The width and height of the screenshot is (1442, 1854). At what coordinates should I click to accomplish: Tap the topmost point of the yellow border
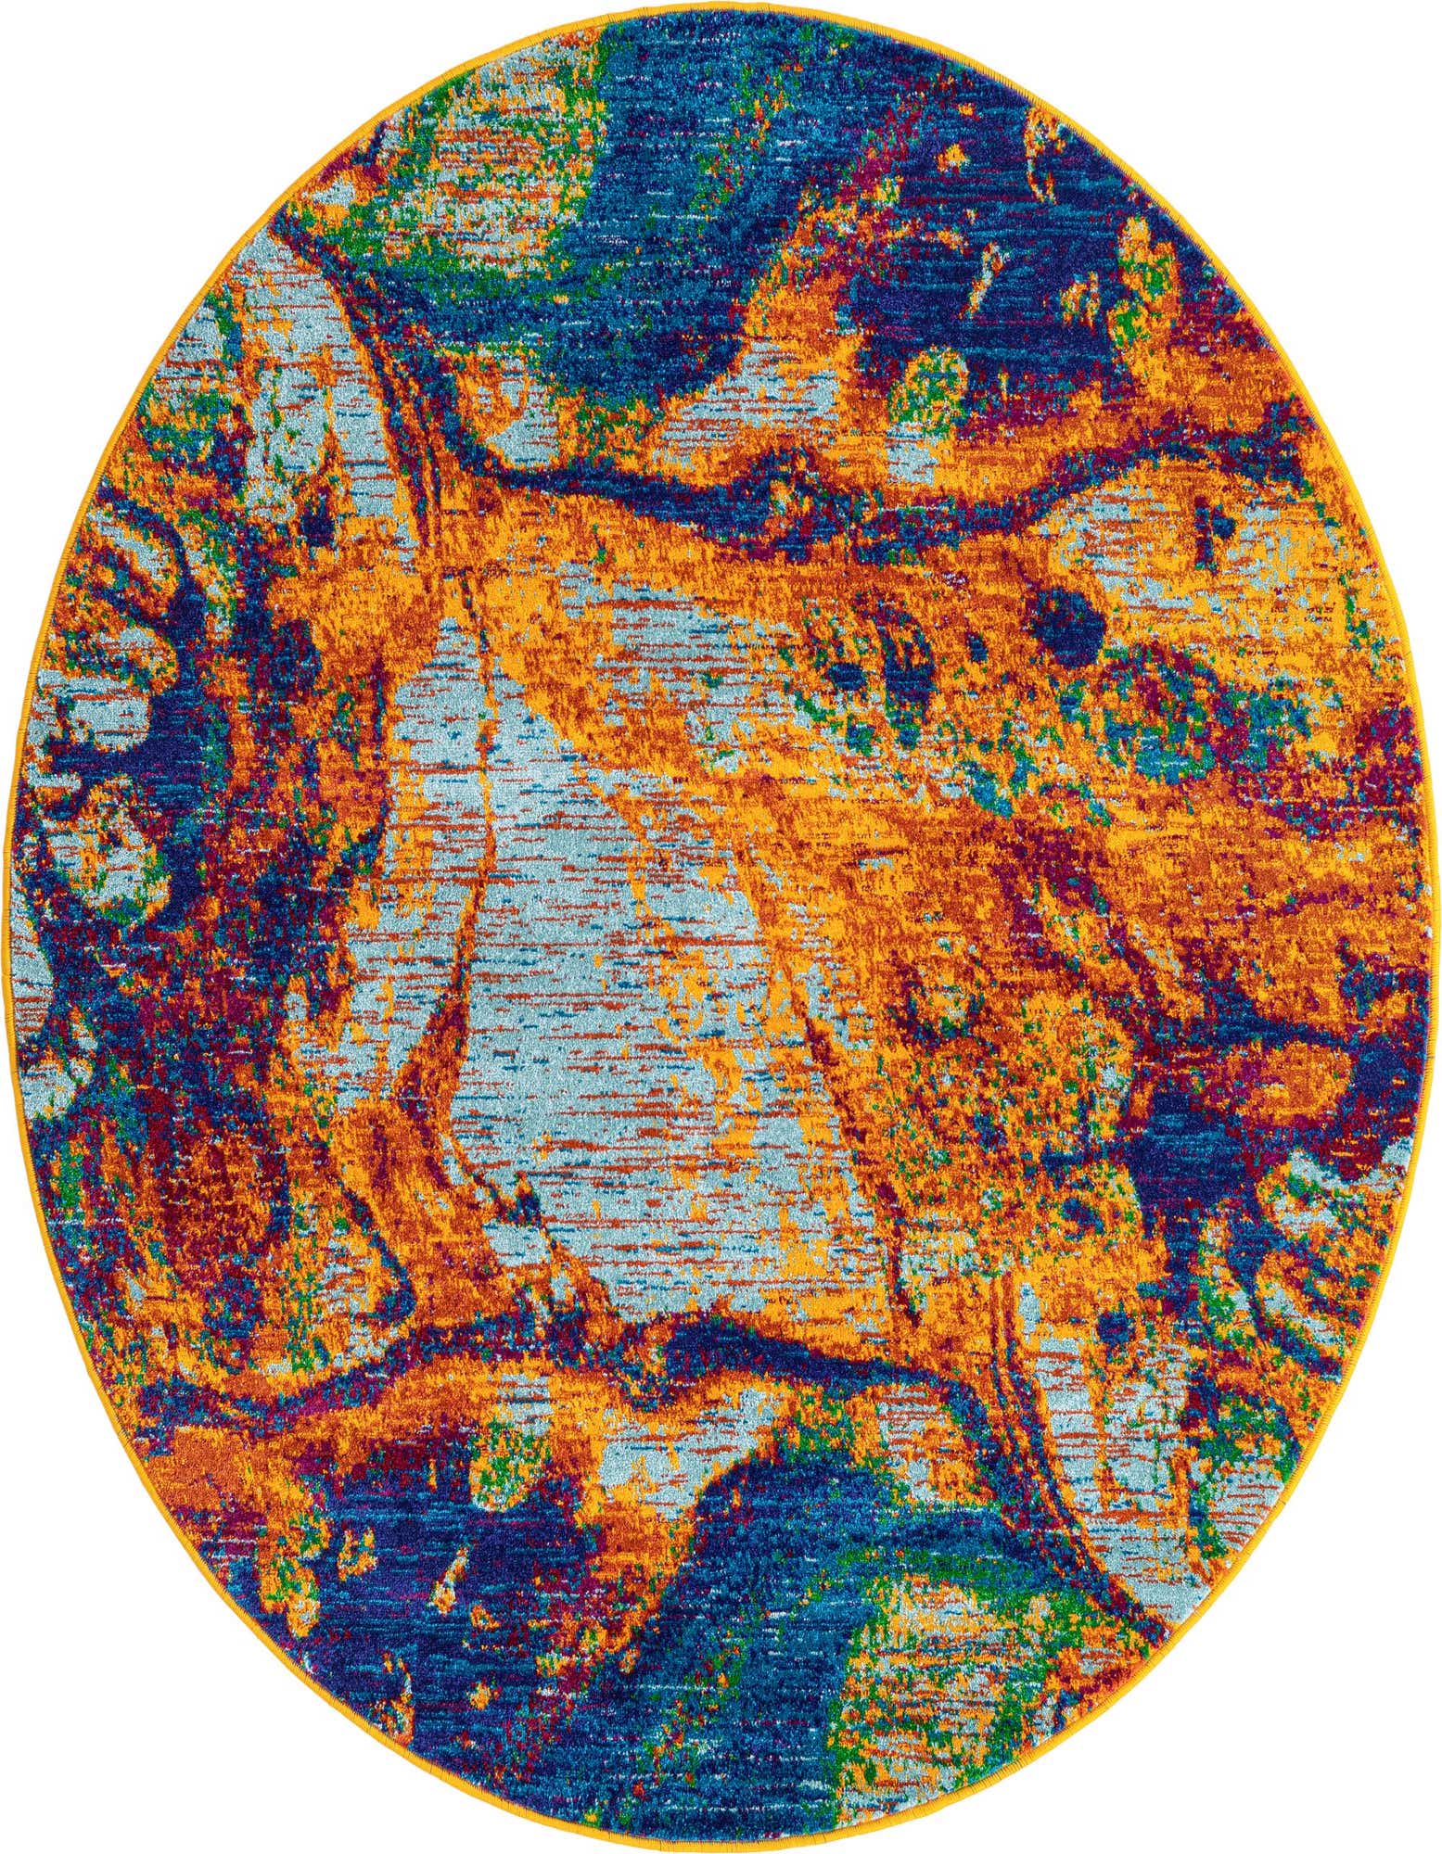721,3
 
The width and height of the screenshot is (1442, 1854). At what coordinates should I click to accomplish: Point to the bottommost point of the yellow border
721,1850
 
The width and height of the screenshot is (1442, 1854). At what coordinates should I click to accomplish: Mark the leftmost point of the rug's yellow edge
5,927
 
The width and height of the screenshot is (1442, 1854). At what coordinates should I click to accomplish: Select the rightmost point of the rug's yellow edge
1437,927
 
